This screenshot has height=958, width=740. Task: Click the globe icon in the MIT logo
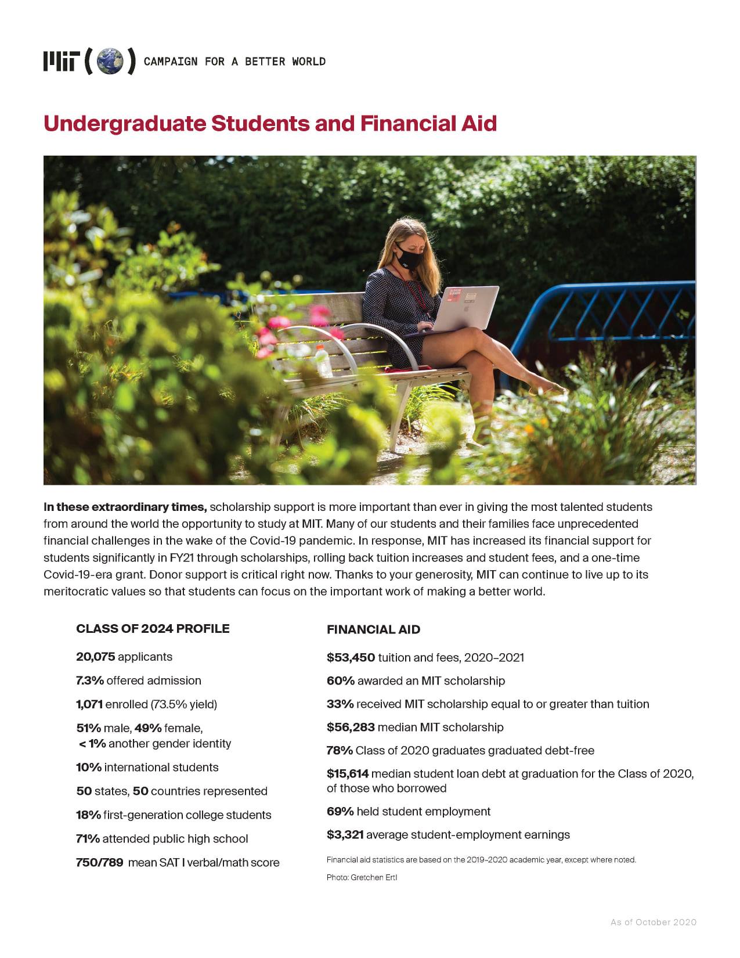110,62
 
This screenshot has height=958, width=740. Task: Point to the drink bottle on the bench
323,361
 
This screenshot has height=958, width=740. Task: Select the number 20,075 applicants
96,657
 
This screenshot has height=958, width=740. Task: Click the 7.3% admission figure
89,680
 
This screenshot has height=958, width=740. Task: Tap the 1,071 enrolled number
89,704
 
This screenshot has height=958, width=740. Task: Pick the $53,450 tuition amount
351,657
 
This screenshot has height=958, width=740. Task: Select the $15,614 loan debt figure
347,774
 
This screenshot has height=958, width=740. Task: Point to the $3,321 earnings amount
345,835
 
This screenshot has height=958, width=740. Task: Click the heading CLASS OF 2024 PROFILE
153,629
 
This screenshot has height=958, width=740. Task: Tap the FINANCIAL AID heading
373,629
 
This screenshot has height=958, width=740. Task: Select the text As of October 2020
653,922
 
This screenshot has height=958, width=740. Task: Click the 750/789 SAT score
99,863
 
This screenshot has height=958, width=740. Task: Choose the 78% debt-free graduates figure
340,751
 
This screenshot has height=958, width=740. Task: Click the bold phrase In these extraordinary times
125,507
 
